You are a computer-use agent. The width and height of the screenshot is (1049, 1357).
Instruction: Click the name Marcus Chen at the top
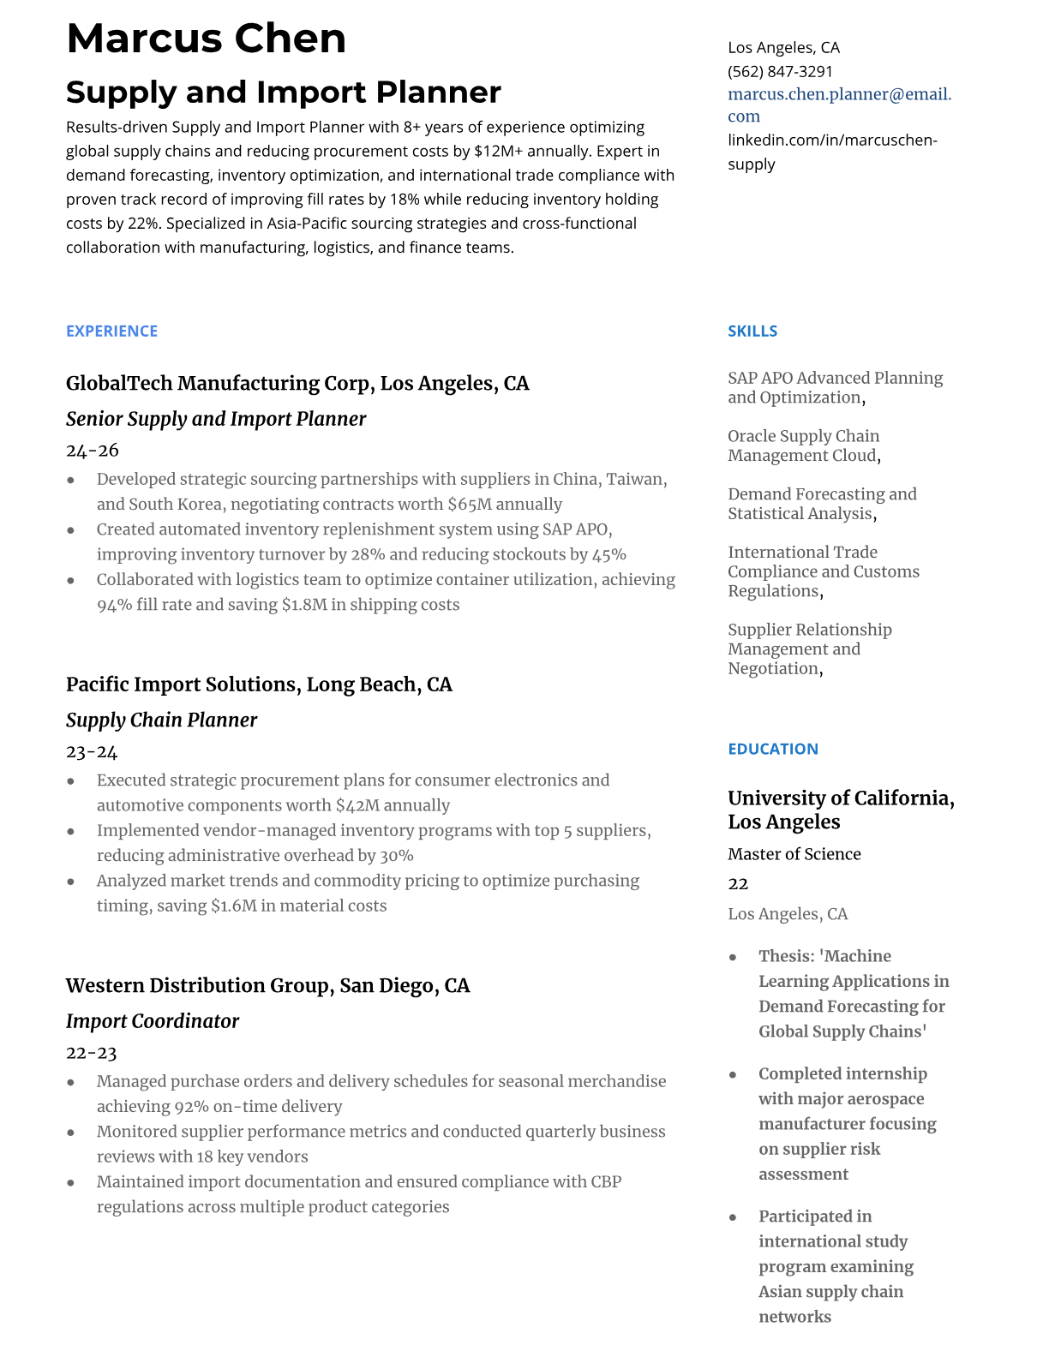[x=206, y=39]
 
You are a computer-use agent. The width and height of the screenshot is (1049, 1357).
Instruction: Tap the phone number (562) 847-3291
[x=780, y=71]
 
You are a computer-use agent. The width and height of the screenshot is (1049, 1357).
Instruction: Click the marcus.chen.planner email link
[x=839, y=94]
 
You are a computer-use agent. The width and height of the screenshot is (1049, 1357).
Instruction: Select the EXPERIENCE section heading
[x=111, y=331]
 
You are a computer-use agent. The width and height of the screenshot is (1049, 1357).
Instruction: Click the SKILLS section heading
[x=752, y=331]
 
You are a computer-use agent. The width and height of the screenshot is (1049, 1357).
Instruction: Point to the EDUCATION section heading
[x=772, y=749]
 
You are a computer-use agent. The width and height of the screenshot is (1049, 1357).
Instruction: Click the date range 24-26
[x=92, y=451]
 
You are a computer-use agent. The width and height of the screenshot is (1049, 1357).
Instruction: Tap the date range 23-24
[x=91, y=752]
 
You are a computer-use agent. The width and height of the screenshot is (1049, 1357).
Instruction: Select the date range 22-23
[x=91, y=1053]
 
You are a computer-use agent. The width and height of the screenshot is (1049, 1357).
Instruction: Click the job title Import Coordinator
[x=153, y=1021]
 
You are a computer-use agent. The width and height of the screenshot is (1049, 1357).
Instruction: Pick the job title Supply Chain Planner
[x=161, y=720]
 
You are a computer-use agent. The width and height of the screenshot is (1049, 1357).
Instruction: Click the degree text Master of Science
[x=794, y=854]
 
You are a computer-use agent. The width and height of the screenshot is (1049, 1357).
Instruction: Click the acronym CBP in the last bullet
[x=606, y=1182]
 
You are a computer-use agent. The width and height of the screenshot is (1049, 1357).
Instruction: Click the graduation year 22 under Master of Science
[x=738, y=883]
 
